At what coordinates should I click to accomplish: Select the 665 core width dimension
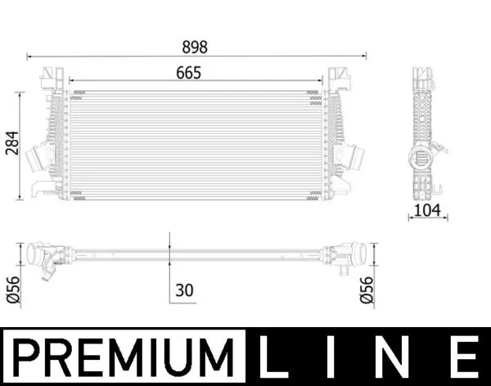coord(187,72)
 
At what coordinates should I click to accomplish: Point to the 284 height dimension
coord(11,145)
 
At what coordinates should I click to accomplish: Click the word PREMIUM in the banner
coord(123,357)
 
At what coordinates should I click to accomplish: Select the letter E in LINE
coord(463,357)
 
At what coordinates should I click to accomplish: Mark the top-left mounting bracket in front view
coord(54,79)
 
